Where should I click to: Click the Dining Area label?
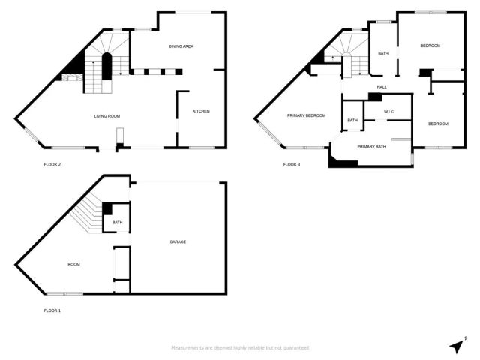click(181, 46)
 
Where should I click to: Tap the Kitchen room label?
click(201, 111)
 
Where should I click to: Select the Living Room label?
click(107, 116)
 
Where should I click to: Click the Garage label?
click(178, 241)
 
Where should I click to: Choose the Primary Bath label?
click(371, 146)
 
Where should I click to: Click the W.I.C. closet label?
click(388, 112)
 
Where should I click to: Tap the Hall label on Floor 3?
click(382, 87)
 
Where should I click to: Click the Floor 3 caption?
click(292, 164)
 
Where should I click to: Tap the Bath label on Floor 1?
click(118, 222)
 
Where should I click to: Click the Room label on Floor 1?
click(73, 264)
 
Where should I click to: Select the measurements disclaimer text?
click(239, 347)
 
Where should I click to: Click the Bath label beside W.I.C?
click(352, 120)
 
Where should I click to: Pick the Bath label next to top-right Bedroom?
click(382, 53)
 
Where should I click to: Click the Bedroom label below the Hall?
click(438, 124)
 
